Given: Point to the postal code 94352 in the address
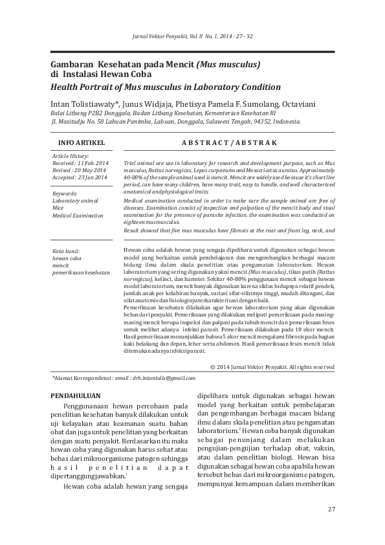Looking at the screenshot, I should pos(259,120).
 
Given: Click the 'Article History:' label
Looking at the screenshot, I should pos(71,156).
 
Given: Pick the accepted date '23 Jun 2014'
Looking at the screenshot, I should pos(94,177).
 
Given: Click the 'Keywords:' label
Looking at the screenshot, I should pos(65,194).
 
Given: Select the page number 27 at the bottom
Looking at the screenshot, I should pos(331,509).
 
